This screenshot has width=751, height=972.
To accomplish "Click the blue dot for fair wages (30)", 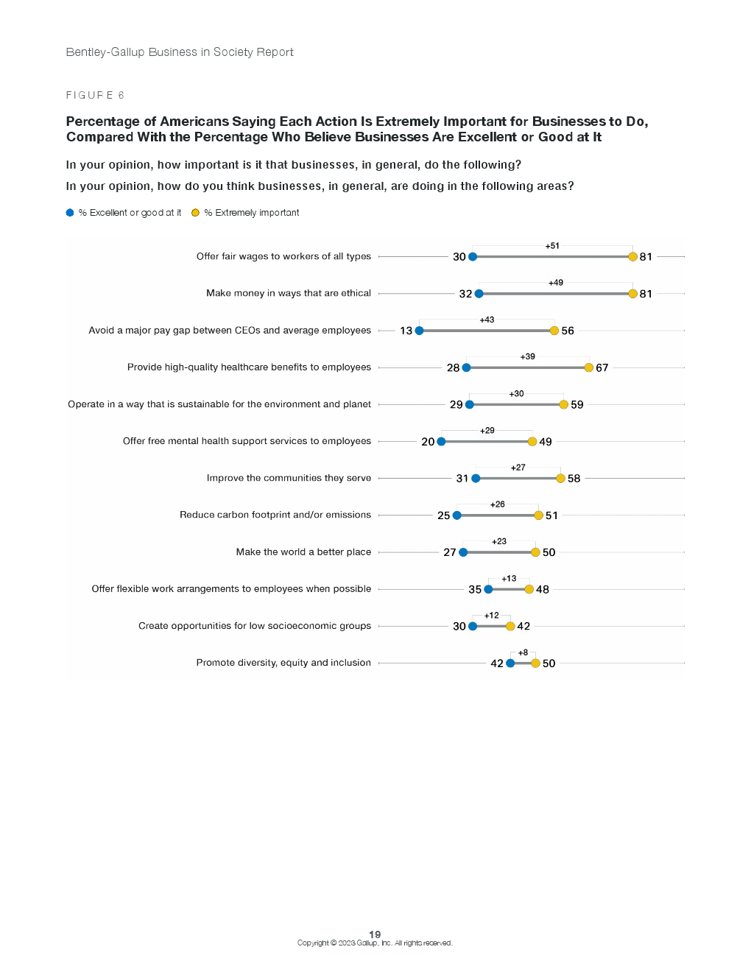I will tap(473, 257).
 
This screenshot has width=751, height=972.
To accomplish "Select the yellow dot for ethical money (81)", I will tap(632, 294).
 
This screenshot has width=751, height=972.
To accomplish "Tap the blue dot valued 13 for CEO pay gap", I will tap(419, 331).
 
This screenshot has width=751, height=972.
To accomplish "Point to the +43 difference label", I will tap(487, 320).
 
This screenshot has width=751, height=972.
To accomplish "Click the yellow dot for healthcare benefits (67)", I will tap(589, 367).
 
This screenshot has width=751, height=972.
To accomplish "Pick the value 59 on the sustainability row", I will tap(577, 405).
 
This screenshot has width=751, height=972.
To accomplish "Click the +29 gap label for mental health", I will tap(487, 430).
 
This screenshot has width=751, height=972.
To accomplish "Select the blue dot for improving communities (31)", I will tap(476, 479).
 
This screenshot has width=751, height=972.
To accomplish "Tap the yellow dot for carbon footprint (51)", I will tap(538, 515).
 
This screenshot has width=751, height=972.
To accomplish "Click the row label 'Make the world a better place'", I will tap(303, 552).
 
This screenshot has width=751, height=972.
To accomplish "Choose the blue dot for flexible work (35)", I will tap(488, 589).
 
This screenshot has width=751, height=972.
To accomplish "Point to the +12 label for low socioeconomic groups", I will tap(491, 615).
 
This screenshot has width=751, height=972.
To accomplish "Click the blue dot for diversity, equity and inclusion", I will tap(510, 663).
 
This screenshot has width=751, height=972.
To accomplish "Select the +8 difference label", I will tap(523, 652).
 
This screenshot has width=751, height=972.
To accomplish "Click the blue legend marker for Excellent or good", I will tap(70, 213).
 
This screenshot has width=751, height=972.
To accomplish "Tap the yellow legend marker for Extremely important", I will tap(195, 213).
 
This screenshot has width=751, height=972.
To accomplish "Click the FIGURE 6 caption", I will tap(95, 95).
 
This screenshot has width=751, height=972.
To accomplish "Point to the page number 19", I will tap(375, 934).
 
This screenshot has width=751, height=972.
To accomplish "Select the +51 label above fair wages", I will tap(552, 246).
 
